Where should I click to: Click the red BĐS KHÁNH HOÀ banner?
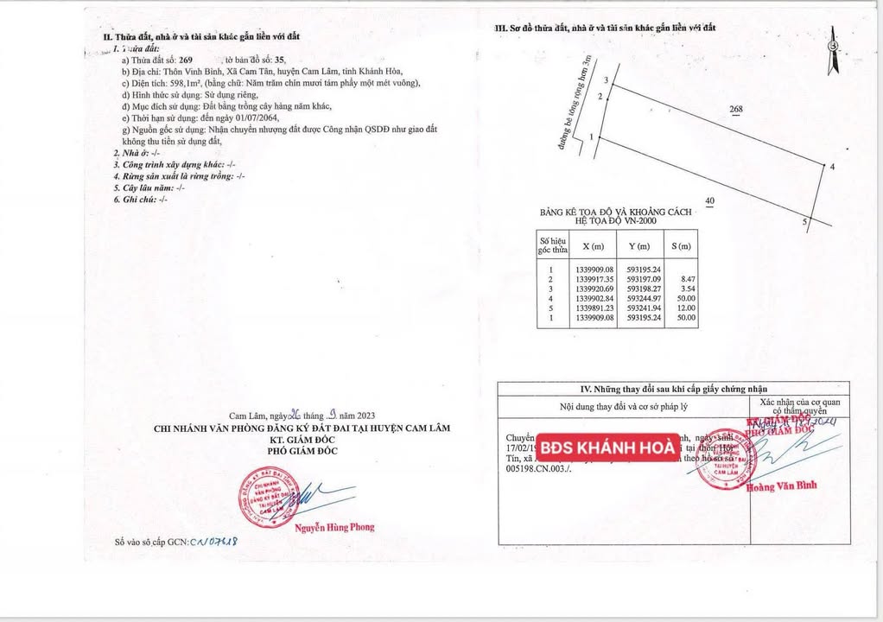click(607, 447)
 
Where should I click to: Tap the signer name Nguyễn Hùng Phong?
click(334, 527)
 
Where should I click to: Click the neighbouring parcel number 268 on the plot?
click(735, 110)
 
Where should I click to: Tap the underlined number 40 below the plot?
click(710, 201)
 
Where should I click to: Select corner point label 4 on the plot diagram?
click(831, 167)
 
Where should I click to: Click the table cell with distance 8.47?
click(688, 278)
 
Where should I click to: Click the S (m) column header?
click(683, 246)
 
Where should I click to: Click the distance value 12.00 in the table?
click(687, 308)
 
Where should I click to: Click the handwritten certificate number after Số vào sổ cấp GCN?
click(214, 542)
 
